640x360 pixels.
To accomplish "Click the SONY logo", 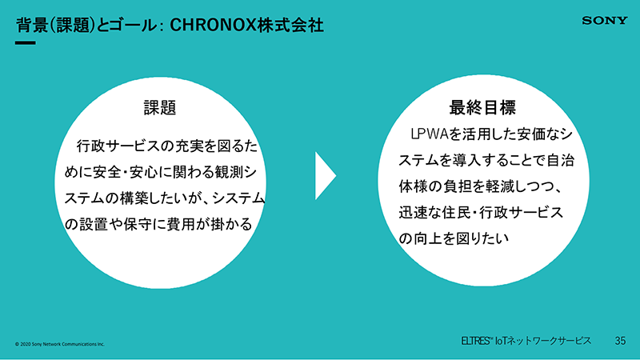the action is click(x=605, y=21).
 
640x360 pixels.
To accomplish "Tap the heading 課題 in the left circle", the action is click(x=160, y=108).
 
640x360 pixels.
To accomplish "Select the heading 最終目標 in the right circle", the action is click(x=482, y=107).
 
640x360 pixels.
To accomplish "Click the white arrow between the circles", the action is click(x=326, y=176).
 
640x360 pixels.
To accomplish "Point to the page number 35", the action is click(x=620, y=341).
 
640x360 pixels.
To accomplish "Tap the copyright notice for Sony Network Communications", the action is click(x=59, y=344).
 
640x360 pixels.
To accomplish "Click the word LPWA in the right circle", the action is click(x=430, y=134).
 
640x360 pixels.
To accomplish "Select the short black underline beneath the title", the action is click(x=26, y=42).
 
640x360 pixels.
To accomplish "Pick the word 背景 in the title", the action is click(x=32, y=26).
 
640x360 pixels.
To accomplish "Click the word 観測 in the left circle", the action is click(x=230, y=172).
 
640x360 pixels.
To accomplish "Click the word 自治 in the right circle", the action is click(x=561, y=160).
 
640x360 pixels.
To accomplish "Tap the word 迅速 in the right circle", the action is click(x=413, y=212).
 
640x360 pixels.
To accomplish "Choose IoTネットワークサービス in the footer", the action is click(x=543, y=341).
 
